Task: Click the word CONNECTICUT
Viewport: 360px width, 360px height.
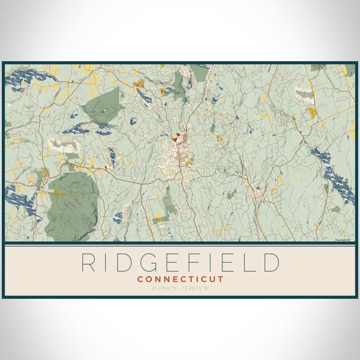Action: tap(180, 279)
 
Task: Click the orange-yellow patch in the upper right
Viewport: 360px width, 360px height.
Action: tap(311, 111)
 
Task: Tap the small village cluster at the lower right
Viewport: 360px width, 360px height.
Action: tap(259, 195)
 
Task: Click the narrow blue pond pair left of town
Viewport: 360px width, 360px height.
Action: tap(112, 157)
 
